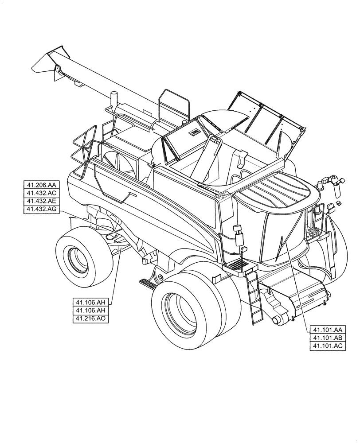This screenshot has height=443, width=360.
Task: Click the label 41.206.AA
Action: pos(41,185)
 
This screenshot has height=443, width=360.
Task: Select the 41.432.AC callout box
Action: pos(41,193)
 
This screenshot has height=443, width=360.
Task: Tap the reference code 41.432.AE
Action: pos(41,202)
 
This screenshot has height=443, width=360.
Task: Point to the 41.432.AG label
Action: pos(41,210)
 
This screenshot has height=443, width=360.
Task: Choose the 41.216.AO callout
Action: pos(92,319)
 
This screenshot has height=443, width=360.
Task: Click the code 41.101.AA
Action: pos(327,330)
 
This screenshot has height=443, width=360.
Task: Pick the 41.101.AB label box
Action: pos(327,338)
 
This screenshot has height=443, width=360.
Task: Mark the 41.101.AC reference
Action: pos(327,346)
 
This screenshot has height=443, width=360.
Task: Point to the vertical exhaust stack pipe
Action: pos(113,100)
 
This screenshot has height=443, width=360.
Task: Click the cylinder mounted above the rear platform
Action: pos(239,238)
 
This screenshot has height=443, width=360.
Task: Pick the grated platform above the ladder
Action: pos(238,266)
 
